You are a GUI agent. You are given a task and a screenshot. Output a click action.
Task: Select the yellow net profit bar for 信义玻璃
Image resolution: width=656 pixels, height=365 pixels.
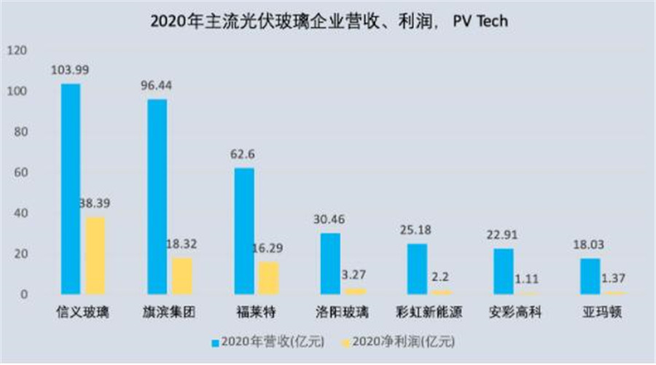click(x=95, y=255)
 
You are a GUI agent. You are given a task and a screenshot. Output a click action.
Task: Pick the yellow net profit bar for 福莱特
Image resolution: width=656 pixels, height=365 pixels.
click(x=268, y=277)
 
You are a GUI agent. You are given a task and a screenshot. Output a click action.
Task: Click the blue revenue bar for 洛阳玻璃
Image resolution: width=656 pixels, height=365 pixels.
click(x=330, y=263)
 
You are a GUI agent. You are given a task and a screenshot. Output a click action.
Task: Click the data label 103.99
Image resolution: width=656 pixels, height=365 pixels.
click(x=71, y=70)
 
